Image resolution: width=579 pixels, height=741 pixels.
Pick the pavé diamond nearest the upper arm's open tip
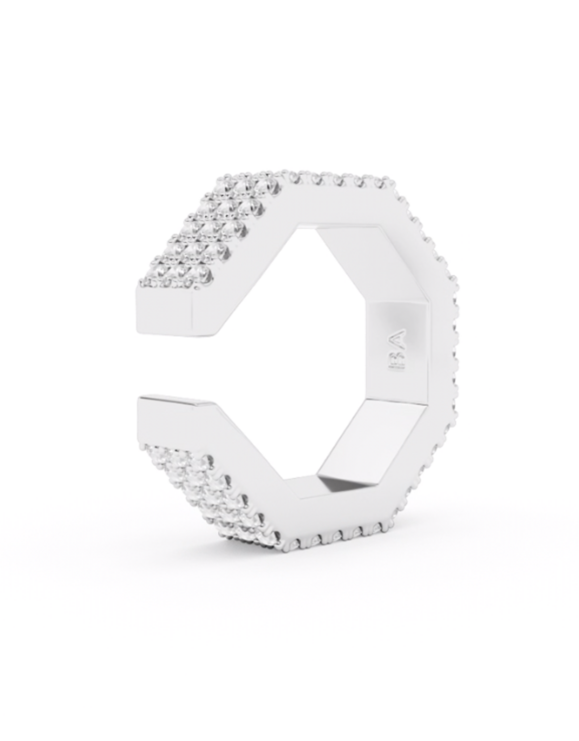[148, 281]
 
